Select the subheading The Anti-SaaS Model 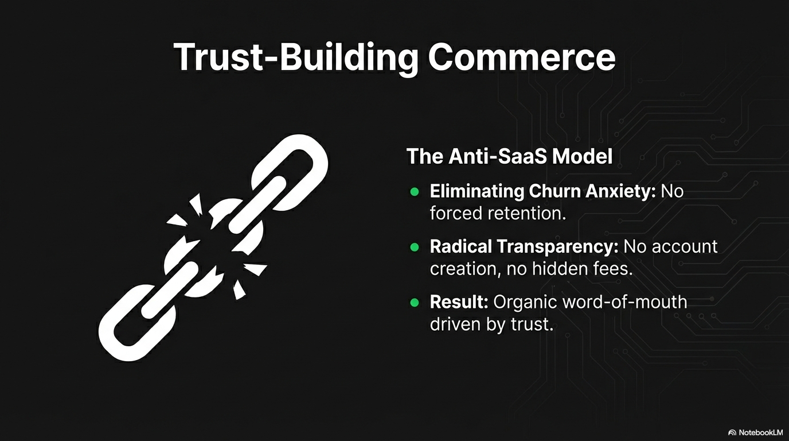coord(509,156)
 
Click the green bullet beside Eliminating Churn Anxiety coord(414,192)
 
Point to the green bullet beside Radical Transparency coord(414,247)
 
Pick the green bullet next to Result coord(414,303)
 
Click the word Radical coord(461,246)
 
